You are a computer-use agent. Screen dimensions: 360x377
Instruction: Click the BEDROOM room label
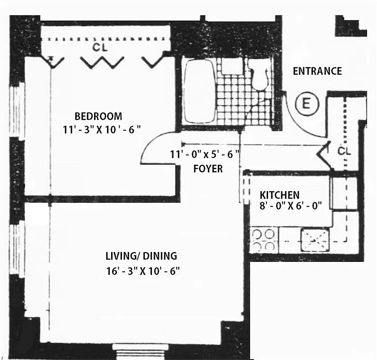98,116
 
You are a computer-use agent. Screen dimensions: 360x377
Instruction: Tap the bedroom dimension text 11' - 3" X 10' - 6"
102,129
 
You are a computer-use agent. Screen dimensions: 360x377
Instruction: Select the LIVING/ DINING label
141,256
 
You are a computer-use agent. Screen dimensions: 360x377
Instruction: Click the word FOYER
208,169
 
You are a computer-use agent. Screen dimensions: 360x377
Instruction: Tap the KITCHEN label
279,195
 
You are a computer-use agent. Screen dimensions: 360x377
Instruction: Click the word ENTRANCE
317,71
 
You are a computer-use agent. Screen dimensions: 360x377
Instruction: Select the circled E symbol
306,105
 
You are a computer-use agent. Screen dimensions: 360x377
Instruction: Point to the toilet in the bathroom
259,76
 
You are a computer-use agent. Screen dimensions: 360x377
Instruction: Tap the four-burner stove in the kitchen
264,240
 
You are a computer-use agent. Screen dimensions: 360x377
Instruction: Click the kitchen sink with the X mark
315,239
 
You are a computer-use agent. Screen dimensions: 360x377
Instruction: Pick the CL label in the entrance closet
344,151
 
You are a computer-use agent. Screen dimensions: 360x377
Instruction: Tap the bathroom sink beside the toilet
232,66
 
